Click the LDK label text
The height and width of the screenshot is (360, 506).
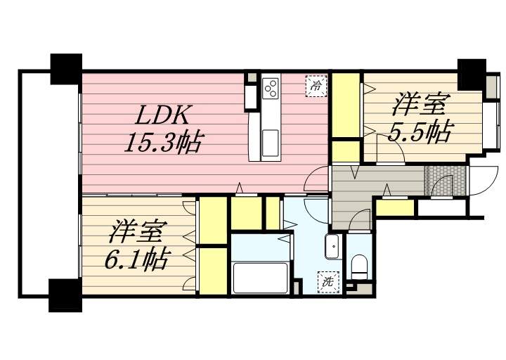point(162,115)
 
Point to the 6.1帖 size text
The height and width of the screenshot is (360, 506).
point(136,259)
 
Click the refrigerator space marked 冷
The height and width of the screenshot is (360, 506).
point(316,86)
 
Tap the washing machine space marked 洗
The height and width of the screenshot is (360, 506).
point(329,283)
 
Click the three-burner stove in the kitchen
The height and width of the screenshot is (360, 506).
point(271,87)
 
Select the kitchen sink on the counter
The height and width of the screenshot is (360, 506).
point(270,143)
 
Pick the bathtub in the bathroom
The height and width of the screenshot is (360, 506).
point(260,278)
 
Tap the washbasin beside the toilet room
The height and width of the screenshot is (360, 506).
point(332,247)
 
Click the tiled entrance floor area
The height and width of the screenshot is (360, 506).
point(445,181)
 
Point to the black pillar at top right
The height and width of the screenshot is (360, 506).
point(472,75)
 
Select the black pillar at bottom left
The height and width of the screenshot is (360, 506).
point(65,295)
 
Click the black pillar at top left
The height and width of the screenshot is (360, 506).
point(66,69)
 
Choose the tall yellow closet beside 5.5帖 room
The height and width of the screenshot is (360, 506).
point(346,105)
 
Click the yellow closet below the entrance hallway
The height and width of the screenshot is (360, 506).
point(395,208)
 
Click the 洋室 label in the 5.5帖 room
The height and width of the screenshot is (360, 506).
point(420,104)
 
